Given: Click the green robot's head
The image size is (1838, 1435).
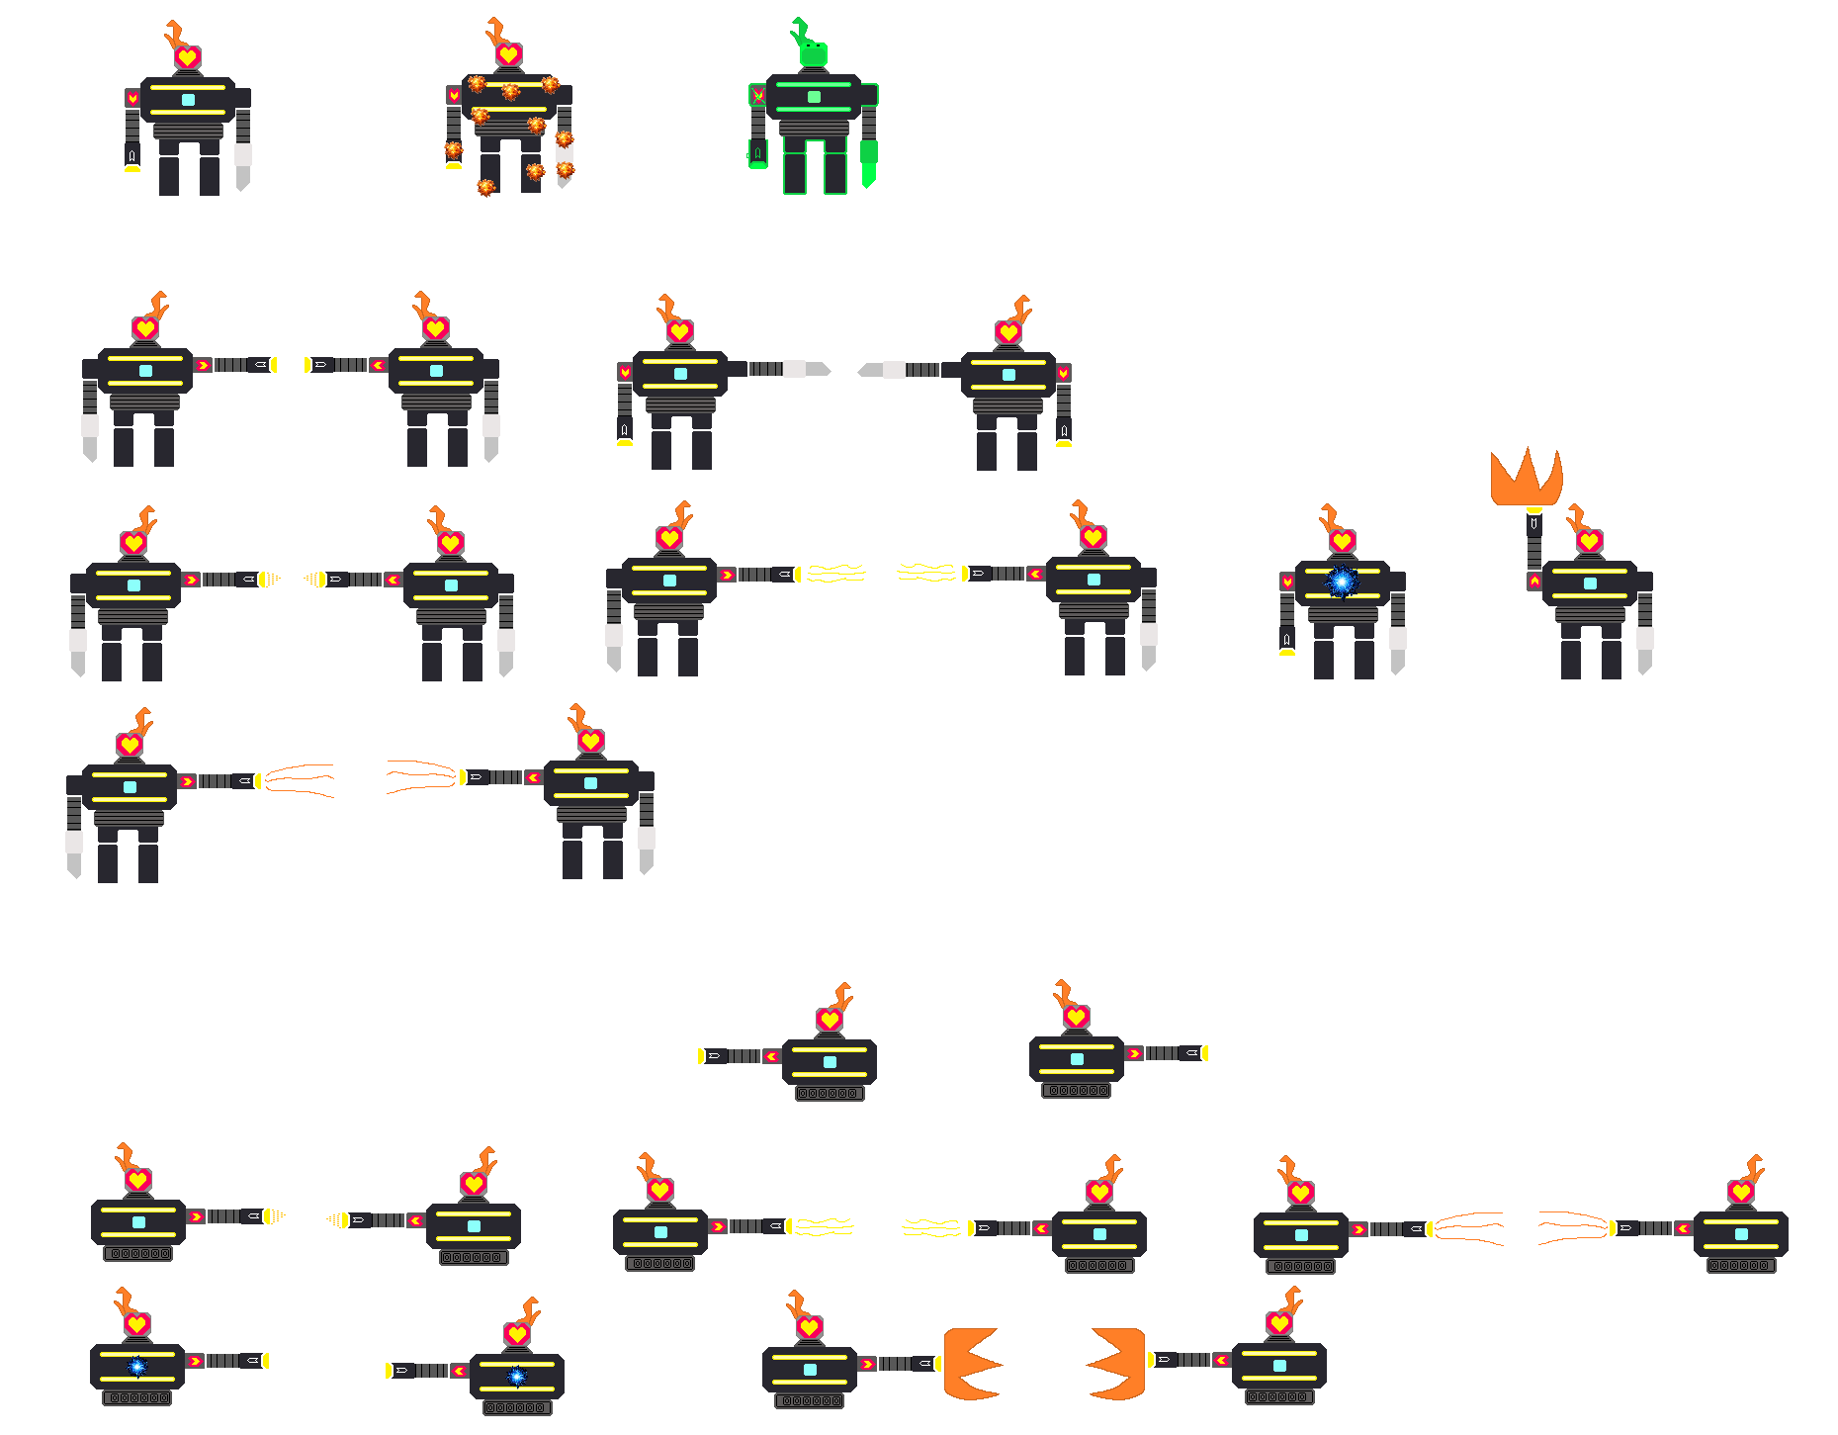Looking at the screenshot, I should [813, 54].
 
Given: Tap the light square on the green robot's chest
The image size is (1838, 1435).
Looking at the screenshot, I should [814, 97].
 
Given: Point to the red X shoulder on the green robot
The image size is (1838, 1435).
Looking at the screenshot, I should [758, 95].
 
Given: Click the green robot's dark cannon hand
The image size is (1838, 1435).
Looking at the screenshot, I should [757, 154].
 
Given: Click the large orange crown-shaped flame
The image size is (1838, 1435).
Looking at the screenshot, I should [1527, 479].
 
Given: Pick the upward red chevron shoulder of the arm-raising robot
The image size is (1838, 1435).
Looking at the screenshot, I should [1533, 582].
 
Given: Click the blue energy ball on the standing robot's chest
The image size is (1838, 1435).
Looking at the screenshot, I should [1342, 582].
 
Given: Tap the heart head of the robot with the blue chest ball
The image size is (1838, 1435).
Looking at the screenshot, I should [1342, 541].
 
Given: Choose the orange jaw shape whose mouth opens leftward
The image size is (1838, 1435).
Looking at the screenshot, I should [1118, 1364].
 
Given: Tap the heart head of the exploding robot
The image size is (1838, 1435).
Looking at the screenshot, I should [509, 53].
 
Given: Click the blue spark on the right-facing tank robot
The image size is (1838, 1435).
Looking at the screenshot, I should [137, 1367].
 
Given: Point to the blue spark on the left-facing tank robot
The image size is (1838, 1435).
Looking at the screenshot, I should [516, 1376].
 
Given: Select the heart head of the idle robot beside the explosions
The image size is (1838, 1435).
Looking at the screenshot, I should [188, 57].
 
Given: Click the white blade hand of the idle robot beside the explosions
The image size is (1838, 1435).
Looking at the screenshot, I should [243, 164].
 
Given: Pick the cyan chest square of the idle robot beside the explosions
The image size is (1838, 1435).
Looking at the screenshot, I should [188, 100].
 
